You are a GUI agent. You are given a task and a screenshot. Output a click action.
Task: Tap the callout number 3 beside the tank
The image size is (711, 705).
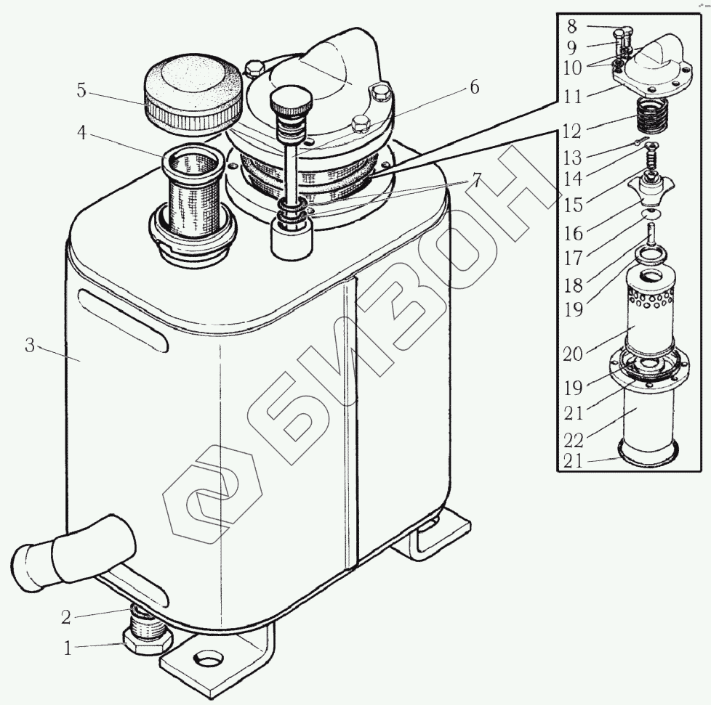(x=30, y=346)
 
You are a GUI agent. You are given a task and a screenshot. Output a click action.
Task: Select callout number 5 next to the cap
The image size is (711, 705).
(x=81, y=91)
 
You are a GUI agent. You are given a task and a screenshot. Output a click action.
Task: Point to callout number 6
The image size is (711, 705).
(x=473, y=87)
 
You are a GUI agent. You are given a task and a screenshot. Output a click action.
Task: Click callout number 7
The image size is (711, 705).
(x=476, y=180)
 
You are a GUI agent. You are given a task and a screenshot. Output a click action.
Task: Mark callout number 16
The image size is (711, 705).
(x=572, y=234)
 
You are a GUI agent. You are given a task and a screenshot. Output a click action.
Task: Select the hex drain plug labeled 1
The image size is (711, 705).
(x=148, y=640)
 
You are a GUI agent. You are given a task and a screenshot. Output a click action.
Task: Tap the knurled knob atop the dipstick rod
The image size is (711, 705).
(x=291, y=97)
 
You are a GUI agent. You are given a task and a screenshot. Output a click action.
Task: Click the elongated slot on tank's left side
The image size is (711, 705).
(x=124, y=319)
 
